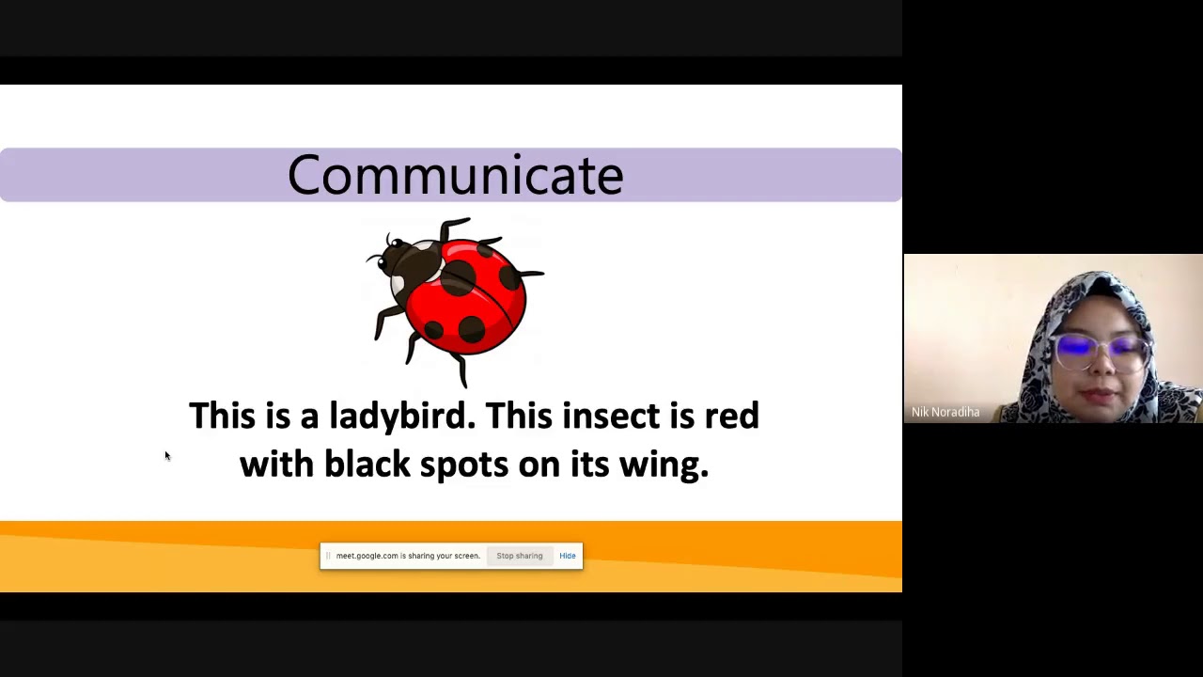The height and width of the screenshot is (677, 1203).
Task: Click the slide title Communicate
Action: click(x=455, y=175)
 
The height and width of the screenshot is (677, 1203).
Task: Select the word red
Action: click(x=731, y=416)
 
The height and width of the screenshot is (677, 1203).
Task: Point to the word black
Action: click(x=367, y=464)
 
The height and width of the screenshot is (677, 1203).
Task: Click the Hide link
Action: click(x=568, y=556)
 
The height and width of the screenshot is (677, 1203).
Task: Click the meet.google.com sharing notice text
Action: click(x=407, y=556)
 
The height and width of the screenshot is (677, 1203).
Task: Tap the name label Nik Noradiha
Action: click(x=945, y=412)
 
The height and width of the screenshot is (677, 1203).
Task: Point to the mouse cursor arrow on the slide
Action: click(x=167, y=456)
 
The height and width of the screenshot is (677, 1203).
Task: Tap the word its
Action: click(x=589, y=464)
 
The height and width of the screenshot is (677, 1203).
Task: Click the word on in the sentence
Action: click(x=539, y=464)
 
